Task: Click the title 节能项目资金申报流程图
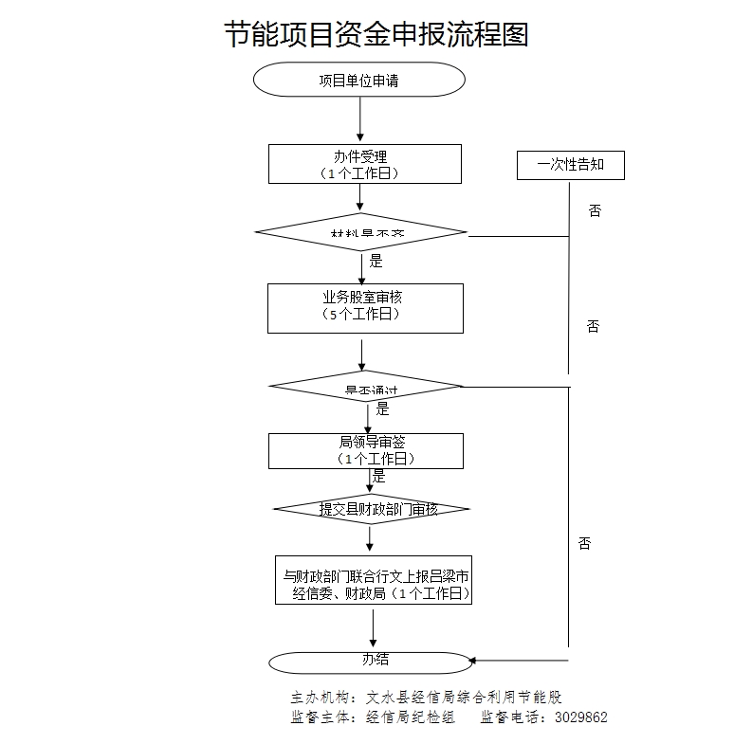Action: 376,35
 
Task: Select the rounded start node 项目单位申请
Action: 358,81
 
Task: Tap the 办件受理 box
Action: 364,164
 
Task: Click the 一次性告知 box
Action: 570,165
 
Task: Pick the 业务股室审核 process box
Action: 365,307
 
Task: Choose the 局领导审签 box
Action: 365,450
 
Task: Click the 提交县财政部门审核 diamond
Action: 372,509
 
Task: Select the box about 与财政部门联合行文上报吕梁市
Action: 373,580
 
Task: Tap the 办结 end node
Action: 370,661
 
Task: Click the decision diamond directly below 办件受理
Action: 361,232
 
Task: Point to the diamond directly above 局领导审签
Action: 365,386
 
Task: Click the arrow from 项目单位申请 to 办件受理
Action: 360,119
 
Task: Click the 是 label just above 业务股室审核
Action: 376,262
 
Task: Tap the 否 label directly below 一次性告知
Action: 595,210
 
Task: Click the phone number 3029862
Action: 578,717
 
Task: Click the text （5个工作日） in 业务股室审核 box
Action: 365,316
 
